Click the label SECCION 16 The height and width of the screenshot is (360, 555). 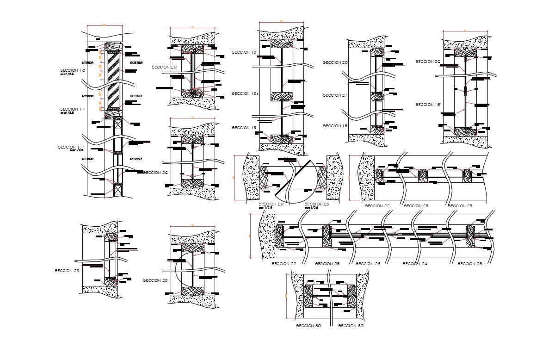pos(73,70)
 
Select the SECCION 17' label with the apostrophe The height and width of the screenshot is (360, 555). pos(71,147)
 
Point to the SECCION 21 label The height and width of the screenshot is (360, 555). pos(335,95)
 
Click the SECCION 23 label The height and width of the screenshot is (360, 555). pos(368,264)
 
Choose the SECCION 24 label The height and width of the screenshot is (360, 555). pos(415,264)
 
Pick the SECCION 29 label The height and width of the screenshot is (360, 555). pos(155,280)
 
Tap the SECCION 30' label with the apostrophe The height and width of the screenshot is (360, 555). pos(351,326)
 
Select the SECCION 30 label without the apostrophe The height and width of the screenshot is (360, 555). pos(308,326)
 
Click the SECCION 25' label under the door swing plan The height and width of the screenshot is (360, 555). pos(271,204)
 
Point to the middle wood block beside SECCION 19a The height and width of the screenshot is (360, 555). pos(279,97)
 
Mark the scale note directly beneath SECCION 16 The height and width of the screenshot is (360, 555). pos(67,74)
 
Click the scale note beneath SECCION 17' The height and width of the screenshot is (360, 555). pos(76,150)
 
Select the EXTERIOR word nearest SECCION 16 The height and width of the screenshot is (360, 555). pos(136,62)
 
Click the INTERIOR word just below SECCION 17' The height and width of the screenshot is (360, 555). pos(88,159)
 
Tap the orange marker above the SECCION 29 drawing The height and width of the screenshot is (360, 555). pos(193,225)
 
